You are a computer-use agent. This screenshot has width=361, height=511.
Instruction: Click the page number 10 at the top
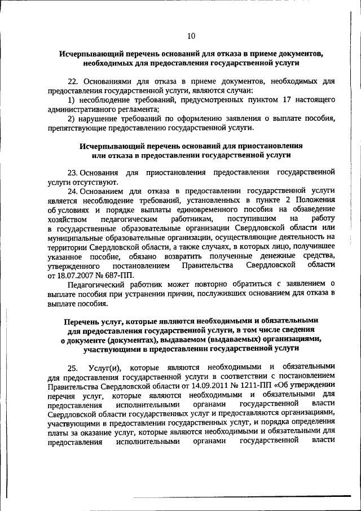pos(191,36)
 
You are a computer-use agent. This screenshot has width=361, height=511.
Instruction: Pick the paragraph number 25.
pos(73,368)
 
